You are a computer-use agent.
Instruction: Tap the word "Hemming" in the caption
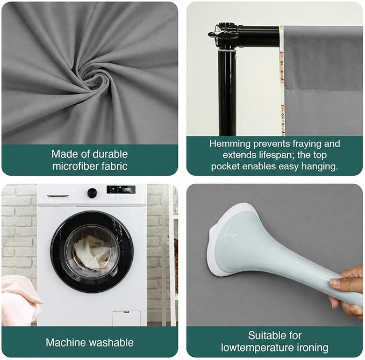[x=230, y=144]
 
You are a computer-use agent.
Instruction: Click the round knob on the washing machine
[x=92, y=193]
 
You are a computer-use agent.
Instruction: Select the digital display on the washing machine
[x=121, y=190]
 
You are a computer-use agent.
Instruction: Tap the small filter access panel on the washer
[x=127, y=318]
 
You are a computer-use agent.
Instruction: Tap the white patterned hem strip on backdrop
[x=282, y=81]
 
